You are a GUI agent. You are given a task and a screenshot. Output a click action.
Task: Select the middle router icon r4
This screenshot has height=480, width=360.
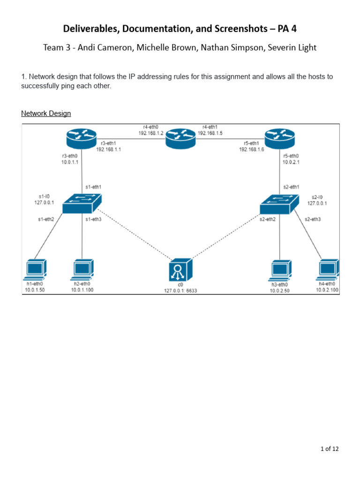(x=180, y=138)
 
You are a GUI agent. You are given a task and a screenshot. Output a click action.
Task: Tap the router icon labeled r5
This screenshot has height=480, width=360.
(x=280, y=137)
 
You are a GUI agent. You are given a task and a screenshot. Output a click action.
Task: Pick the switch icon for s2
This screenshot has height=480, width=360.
(x=280, y=204)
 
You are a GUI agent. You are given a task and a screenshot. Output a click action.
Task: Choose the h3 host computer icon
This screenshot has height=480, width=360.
(x=280, y=270)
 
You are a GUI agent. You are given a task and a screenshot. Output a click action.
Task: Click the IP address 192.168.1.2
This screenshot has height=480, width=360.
(x=151, y=133)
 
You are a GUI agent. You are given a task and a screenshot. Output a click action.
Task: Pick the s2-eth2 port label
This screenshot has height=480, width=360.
(x=267, y=219)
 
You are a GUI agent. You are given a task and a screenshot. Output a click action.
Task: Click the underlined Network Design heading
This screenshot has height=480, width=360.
(x=46, y=113)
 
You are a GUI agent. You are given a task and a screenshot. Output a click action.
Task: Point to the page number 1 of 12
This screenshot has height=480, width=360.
(x=330, y=449)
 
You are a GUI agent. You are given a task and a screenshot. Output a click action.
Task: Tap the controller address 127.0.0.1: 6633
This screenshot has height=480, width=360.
(x=180, y=290)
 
